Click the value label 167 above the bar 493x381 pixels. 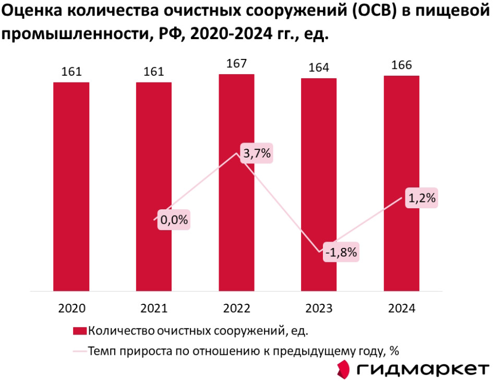(236, 64)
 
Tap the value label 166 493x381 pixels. (401, 65)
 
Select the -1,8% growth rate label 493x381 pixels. (341, 253)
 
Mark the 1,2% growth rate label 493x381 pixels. (422, 198)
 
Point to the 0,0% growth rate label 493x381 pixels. (174, 220)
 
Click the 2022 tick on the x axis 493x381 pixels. (236, 308)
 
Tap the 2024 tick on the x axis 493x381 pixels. (401, 308)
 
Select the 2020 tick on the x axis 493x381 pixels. (71, 308)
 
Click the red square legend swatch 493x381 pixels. (79, 330)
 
